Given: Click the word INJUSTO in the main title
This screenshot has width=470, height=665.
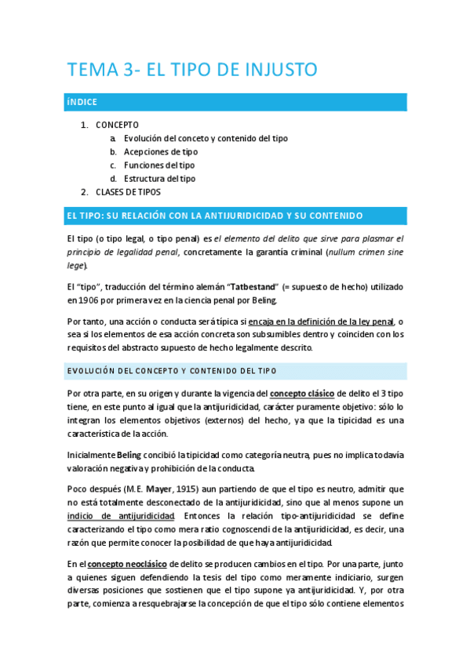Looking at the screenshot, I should [x=277, y=70].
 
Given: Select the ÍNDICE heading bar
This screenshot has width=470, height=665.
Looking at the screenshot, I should [x=236, y=102].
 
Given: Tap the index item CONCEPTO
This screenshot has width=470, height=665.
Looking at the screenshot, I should [x=117, y=125].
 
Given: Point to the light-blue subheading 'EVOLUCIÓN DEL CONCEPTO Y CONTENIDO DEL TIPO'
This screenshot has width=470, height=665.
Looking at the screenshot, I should [x=171, y=370].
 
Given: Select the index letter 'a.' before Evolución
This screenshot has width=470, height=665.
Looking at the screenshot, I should [x=115, y=138].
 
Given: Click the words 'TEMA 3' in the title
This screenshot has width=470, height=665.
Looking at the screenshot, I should [x=100, y=70].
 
